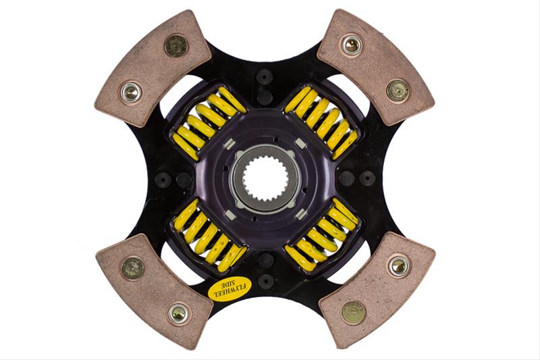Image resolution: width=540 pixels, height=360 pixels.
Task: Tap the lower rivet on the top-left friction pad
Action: [130, 92]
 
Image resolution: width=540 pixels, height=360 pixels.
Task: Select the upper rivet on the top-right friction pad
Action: [351, 45]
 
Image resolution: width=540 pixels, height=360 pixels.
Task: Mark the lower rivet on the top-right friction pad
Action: [398, 90]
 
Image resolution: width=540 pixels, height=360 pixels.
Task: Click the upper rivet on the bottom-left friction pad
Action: [132, 267]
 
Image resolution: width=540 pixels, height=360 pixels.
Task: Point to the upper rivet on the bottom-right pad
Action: [398, 265]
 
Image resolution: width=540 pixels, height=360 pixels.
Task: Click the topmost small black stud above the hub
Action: [265, 76]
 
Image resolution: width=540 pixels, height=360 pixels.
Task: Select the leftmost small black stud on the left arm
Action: [163, 180]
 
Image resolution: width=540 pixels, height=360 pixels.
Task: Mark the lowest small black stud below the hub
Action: [265, 280]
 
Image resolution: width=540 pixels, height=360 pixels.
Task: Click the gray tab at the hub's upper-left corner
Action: [229, 143]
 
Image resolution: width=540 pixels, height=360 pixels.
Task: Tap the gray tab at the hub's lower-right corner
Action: [301, 214]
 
